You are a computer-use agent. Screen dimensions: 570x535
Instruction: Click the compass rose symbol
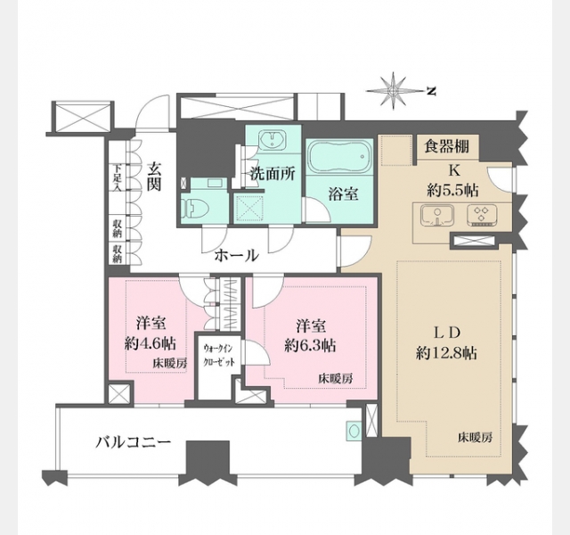[394, 91]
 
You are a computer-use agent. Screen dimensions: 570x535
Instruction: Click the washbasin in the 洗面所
[273, 140]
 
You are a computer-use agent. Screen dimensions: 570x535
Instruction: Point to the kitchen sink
[437, 216]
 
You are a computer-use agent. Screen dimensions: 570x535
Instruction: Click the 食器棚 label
[447, 146]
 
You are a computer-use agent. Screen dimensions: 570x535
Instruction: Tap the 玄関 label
[154, 177]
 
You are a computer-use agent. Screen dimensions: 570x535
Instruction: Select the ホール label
[237, 256]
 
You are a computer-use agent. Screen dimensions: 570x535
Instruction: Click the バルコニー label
[134, 442]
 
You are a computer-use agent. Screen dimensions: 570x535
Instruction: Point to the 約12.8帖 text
[447, 353]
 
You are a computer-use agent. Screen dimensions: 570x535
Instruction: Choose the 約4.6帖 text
[151, 343]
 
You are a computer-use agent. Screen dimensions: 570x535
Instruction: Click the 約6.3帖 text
[310, 345]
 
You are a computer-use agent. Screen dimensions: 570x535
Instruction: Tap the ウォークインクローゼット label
[219, 355]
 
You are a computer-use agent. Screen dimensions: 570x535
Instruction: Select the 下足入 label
[117, 178]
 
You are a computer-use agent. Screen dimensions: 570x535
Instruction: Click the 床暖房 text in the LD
[475, 437]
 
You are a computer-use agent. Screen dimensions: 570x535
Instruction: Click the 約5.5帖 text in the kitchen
[453, 190]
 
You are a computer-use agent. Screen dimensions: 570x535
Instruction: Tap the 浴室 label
[344, 194]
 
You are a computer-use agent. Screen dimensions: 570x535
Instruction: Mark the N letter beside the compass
[431, 91]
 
